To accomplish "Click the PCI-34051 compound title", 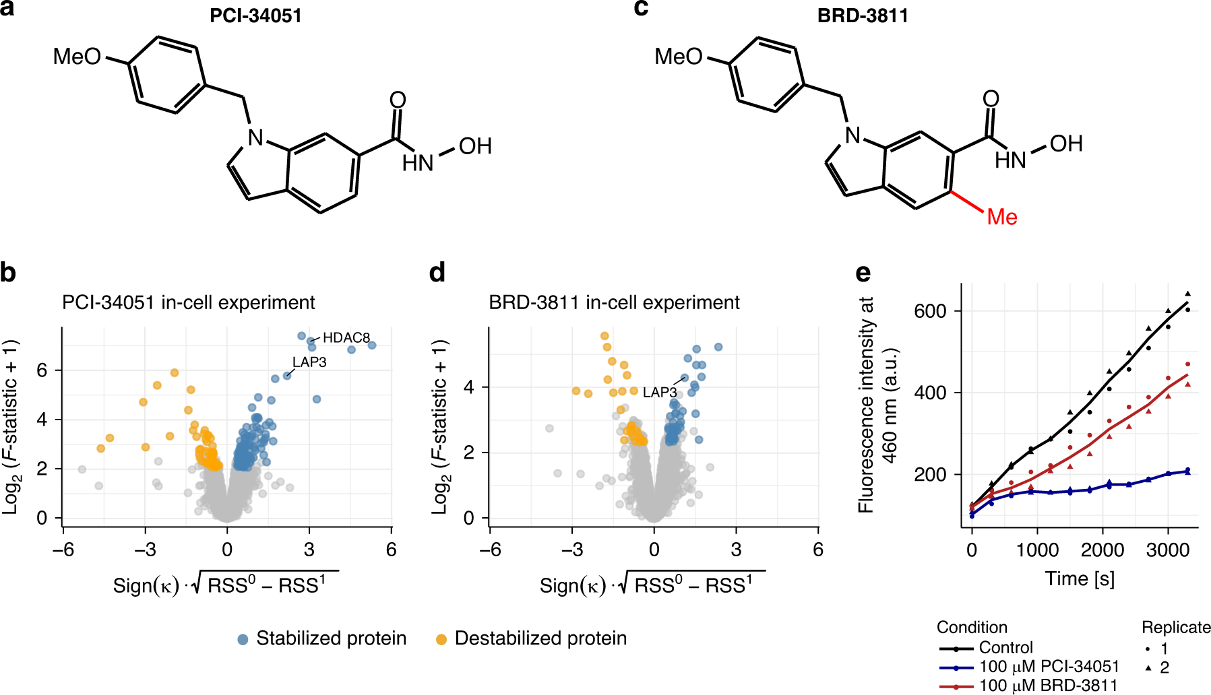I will coord(255,15).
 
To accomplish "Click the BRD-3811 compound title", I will coord(863,15).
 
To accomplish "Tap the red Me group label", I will coord(1002,217).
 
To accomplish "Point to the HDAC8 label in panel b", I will coord(346,337).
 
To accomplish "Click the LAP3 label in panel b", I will coord(309,362).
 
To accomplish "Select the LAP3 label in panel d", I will coord(659,392).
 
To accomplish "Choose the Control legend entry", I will coord(1005,647).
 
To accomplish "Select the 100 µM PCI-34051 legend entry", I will coord(1049,667).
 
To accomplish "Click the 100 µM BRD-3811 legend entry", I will coord(1048,686).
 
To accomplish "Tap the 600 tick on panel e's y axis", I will coord(930,311).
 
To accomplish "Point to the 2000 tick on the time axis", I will coord(1103,550).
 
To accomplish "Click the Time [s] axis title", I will coord(1080,578).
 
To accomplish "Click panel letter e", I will coord(863,273).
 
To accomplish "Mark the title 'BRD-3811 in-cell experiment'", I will coord(614,302).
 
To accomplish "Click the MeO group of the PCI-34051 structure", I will coord(77,57).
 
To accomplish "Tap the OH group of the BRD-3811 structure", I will coord(1066,143).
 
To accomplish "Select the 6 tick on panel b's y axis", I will coord(42,370).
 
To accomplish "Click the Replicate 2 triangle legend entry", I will coord(1156,667).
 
